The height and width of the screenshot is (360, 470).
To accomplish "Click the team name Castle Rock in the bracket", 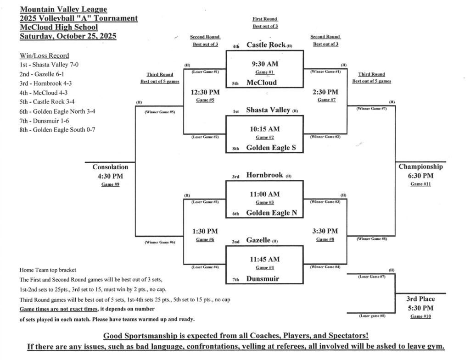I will [x=266, y=45].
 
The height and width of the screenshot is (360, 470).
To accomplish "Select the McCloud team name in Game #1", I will [x=262, y=83].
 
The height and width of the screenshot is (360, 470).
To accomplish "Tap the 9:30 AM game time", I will [x=265, y=64].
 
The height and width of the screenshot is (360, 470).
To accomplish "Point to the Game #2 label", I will [x=265, y=137].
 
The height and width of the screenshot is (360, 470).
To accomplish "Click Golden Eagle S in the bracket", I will [x=268, y=148].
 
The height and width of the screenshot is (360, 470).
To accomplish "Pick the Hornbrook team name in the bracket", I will [x=264, y=175].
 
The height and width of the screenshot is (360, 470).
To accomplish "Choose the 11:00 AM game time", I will [x=264, y=194].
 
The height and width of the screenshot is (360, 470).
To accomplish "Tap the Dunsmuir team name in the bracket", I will [x=263, y=278].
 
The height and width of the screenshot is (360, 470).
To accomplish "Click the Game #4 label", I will [x=265, y=267].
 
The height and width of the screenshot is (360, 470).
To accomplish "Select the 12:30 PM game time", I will [x=205, y=92].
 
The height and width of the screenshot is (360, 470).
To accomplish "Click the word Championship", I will [x=421, y=167].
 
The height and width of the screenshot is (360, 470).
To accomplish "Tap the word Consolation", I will [x=110, y=167].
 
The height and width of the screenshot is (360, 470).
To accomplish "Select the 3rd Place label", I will [x=420, y=299].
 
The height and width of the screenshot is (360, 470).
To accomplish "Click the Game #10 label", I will [x=421, y=316].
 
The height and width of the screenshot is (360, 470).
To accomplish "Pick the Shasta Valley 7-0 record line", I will [x=49, y=65].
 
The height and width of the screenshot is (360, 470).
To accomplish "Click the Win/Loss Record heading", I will [x=45, y=55].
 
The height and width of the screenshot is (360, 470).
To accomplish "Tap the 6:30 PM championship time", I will [x=421, y=176].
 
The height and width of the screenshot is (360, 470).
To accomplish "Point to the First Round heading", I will [x=265, y=19].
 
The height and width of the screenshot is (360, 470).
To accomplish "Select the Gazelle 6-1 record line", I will [x=45, y=74].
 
